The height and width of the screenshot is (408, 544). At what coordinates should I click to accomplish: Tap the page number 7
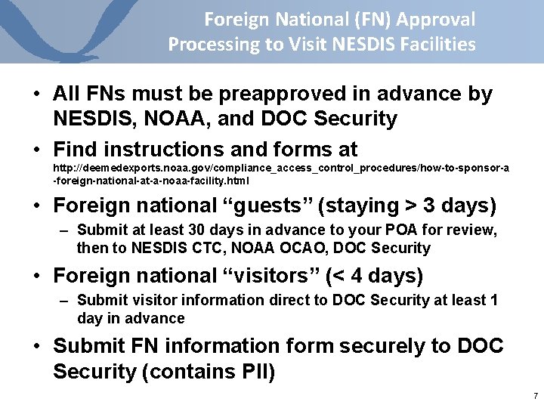click(x=535, y=396)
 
